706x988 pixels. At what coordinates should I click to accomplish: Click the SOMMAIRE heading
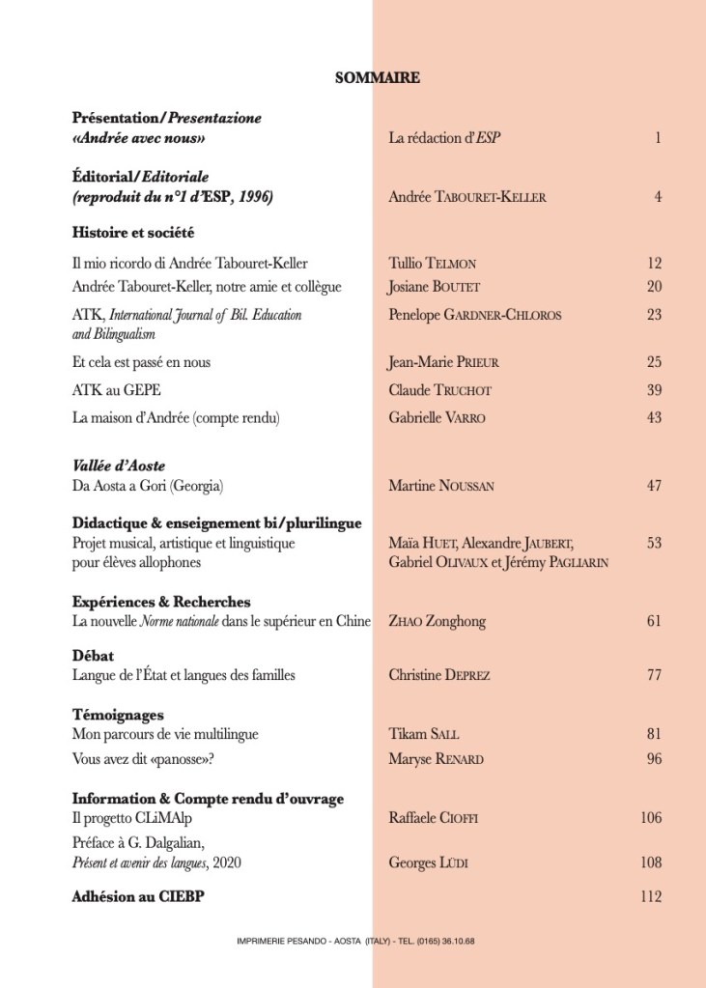point(377,78)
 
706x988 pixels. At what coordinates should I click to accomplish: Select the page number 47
point(654,486)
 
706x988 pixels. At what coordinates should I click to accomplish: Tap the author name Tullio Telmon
point(432,263)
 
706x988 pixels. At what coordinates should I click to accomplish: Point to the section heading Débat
point(93,656)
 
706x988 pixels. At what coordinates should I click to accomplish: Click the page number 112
point(651,896)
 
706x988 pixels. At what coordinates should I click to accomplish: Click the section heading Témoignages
point(118,715)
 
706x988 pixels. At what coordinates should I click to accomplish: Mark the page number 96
point(654,759)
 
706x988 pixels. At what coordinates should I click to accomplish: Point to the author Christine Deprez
point(438,675)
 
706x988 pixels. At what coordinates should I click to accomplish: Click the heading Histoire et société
point(133,232)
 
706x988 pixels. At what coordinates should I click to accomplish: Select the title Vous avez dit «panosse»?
point(142,759)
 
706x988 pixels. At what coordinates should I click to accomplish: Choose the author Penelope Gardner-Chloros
point(474,315)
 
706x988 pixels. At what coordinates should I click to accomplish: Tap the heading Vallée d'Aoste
point(119,466)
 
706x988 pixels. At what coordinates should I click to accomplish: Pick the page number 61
point(654,621)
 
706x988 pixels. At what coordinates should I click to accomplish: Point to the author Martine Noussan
point(440,486)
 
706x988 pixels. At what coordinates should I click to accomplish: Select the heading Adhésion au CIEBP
point(138,896)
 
